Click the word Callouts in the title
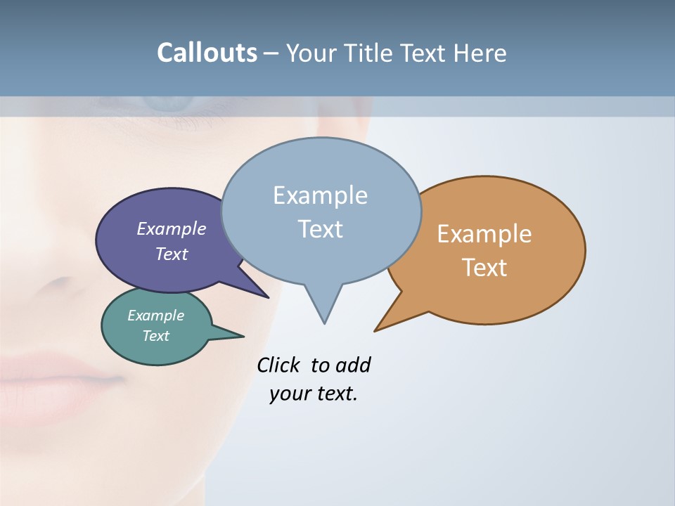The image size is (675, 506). click(207, 53)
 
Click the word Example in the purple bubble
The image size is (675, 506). click(172, 228)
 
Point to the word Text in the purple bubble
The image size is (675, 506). click(172, 254)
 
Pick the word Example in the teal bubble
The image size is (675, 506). click(156, 316)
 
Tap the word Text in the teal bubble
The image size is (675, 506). click(156, 336)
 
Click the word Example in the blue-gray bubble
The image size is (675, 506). click(320, 195)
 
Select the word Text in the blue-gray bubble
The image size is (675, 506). click(320, 229)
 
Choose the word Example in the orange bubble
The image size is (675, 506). click(484, 234)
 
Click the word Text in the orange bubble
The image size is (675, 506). click(484, 268)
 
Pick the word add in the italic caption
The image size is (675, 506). click(353, 365)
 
